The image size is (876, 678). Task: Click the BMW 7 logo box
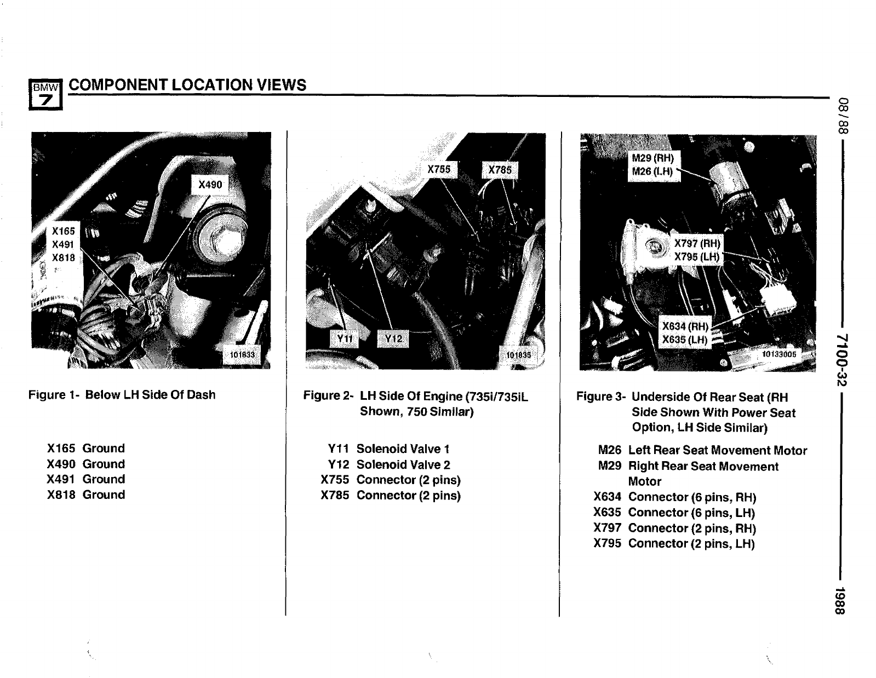46,94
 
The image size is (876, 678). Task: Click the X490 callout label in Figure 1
210,185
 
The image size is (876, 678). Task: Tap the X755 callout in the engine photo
439,170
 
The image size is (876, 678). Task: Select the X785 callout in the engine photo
500,170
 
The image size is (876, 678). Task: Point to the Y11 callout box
343,338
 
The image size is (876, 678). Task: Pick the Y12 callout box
393,338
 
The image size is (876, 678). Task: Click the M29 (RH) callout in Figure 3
652,158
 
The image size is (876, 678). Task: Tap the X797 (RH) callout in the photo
697,244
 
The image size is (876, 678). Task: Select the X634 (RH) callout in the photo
685,326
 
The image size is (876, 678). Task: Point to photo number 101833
242,355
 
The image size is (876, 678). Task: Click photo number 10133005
779,354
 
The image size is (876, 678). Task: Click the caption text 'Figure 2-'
328,396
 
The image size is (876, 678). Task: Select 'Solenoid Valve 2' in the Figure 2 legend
403,465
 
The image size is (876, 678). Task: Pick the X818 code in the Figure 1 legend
61,495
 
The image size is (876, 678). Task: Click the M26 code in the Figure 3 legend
609,451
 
